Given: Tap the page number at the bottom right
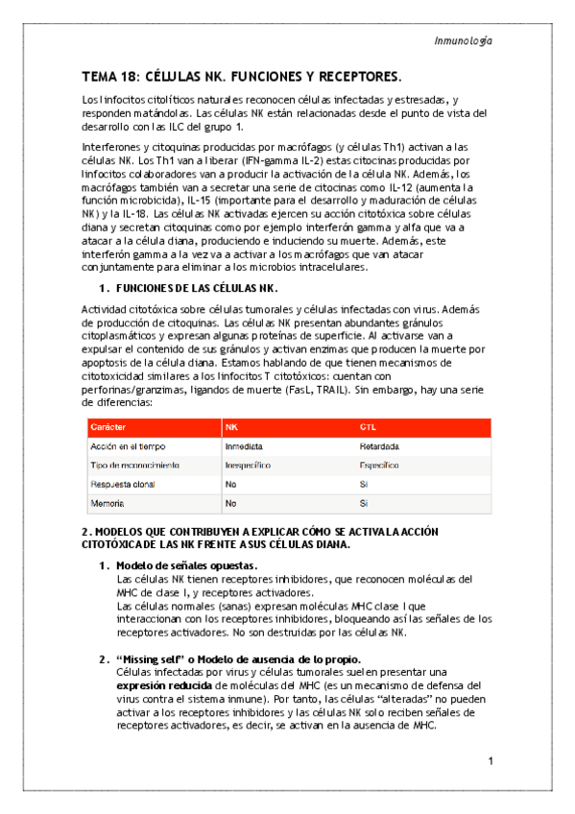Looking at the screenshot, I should point(490,762).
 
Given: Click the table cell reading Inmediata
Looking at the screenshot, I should point(245,446).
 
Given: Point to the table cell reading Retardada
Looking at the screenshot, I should point(380,446).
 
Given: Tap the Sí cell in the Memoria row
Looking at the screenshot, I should point(364,504).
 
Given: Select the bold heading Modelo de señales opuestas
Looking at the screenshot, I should point(185,565).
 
